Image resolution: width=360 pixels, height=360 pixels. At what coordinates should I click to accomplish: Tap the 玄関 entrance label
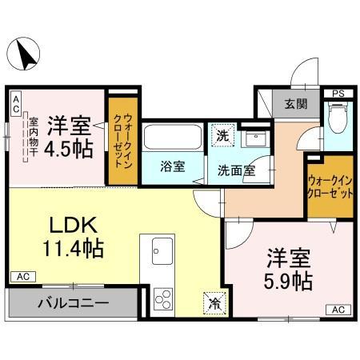[289, 103]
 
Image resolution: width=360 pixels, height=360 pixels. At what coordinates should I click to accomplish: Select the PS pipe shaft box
[338, 94]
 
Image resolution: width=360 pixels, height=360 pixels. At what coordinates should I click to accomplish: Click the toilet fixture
[338, 118]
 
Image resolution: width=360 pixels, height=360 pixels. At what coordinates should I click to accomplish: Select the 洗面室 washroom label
[237, 169]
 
